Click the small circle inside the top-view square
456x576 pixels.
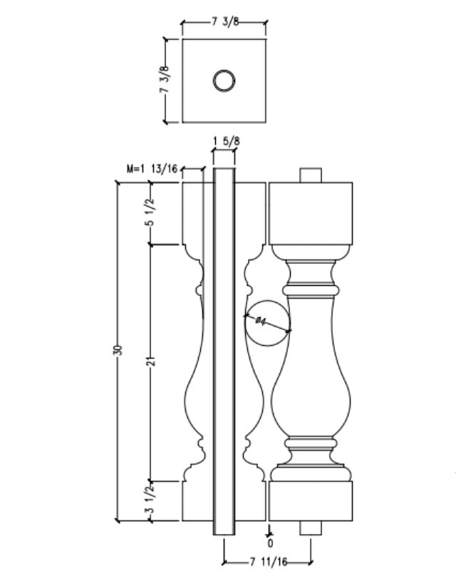224,81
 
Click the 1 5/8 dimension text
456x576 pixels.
227,141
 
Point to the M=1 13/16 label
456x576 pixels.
152,170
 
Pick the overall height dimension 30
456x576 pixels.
119,350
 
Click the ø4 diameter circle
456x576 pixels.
267,322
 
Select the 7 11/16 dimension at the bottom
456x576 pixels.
267,564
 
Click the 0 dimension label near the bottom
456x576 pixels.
270,542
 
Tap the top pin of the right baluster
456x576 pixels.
311,175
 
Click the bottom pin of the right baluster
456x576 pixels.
311,528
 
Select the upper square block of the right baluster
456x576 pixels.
311,212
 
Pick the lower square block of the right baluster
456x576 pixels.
311,502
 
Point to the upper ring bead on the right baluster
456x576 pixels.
311,292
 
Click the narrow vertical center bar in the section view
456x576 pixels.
224,349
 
